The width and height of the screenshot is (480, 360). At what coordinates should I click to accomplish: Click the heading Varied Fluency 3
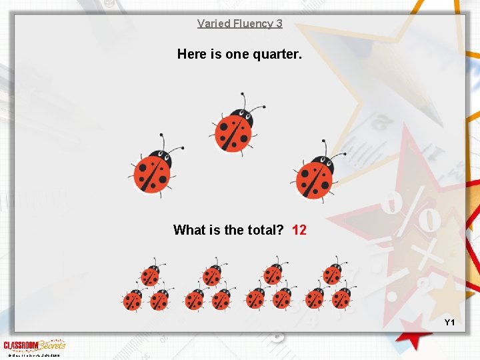point(239,23)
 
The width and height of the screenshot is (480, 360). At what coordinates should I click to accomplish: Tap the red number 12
point(299,230)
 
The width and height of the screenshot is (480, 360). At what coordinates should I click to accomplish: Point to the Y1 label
point(449,323)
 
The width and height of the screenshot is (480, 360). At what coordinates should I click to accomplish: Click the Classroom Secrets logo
point(34,345)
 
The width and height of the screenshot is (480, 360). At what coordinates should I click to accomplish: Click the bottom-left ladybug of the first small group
point(133,300)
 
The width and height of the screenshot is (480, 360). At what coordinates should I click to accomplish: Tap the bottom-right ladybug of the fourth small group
point(342,299)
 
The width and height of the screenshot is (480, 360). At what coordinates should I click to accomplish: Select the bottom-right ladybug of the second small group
point(221,300)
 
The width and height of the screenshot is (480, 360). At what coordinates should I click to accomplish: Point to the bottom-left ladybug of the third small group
point(255,300)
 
